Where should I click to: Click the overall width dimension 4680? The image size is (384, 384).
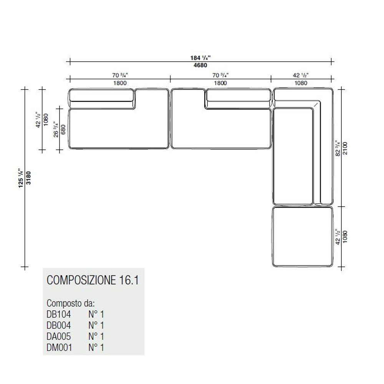point(200,65)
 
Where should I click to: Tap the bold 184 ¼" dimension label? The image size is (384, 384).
point(200,58)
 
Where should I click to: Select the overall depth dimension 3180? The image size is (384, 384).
point(29,178)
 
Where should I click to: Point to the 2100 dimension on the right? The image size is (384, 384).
point(345,148)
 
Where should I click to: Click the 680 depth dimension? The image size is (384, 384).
point(63,129)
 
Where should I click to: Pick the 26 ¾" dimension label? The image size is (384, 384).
point(56,129)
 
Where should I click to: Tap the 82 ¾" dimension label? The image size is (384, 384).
point(338,148)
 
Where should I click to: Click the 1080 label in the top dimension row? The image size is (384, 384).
point(301,83)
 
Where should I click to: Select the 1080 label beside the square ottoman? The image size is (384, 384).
point(345,237)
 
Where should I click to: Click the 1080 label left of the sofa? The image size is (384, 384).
point(46,120)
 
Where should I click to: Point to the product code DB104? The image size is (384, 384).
point(59,314)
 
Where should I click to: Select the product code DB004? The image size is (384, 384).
point(59,326)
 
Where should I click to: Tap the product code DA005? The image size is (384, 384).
point(59,336)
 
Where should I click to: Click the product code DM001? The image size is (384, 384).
point(59,348)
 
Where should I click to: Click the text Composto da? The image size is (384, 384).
point(71,303)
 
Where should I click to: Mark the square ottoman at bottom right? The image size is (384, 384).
point(303,237)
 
